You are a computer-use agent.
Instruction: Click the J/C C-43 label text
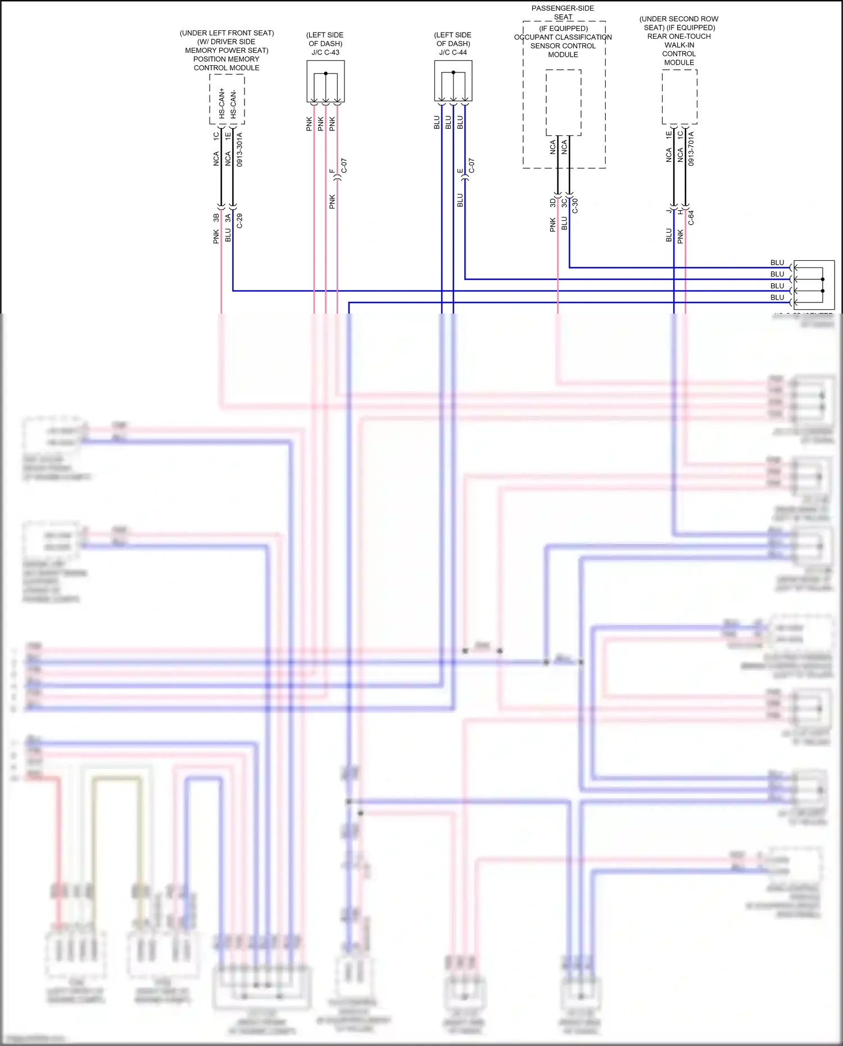325,52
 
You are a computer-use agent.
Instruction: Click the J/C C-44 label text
453,52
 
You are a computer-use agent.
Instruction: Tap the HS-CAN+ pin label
221,103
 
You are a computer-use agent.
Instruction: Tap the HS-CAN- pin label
233,104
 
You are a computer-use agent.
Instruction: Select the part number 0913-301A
240,150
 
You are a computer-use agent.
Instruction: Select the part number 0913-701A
691,148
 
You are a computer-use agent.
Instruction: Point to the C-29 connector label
240,220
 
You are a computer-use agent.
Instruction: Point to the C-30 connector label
575,206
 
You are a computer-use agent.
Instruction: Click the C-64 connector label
691,218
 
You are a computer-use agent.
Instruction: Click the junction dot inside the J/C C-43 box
325,74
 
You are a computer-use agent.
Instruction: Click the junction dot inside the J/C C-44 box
453,73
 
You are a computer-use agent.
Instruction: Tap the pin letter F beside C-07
332,171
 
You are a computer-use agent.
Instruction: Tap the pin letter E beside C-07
460,171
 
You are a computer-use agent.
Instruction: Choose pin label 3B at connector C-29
216,218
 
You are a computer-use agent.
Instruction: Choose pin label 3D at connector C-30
552,202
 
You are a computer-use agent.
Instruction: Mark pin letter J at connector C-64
669,211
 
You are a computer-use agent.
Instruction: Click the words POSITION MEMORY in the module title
226,59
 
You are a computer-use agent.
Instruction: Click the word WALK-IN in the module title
679,45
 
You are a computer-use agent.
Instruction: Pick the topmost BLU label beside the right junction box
777,262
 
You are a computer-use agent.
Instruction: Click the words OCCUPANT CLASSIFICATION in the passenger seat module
563,37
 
